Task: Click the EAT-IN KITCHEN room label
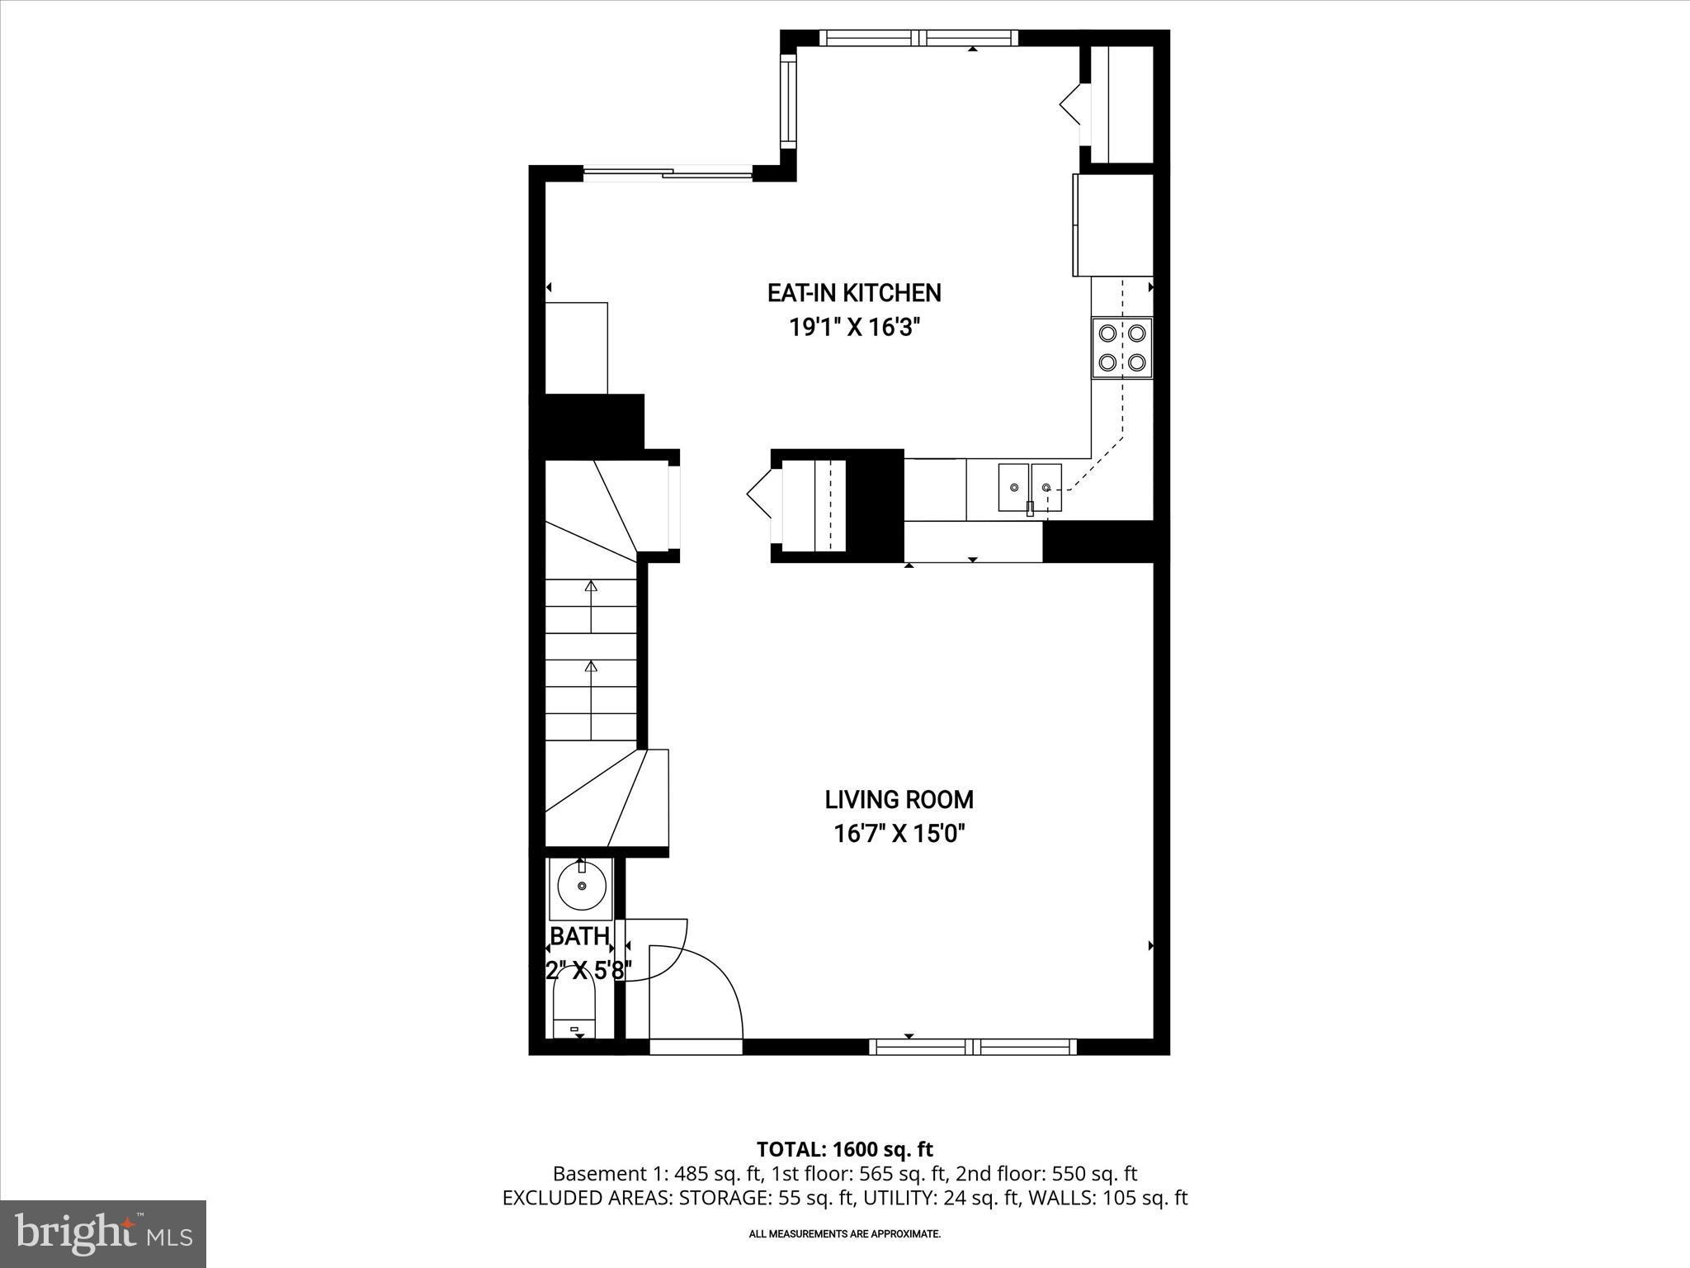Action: coord(854,293)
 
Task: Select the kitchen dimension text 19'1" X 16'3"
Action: coord(854,328)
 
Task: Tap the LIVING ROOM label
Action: coord(899,799)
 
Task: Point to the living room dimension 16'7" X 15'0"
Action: coord(899,834)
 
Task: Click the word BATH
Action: coord(579,936)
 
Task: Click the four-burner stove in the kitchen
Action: coord(1121,348)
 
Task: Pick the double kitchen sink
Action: coord(1029,488)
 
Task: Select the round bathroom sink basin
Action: coord(582,886)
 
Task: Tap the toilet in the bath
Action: coord(574,1007)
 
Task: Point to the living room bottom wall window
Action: coord(973,1047)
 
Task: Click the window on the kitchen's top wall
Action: coord(918,38)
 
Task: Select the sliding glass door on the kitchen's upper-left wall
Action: coord(668,173)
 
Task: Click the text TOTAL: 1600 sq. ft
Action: coord(844,1149)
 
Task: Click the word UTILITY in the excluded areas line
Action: coord(904,1198)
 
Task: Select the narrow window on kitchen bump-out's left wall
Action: coord(788,102)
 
